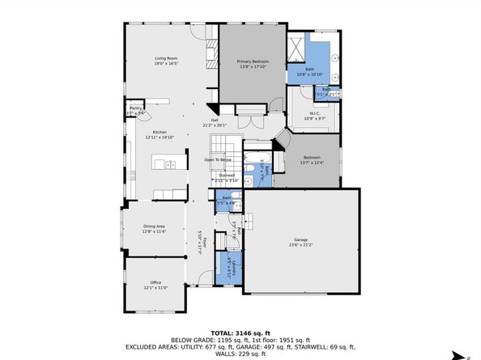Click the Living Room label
pos(167,60)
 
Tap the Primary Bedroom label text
pos(253,64)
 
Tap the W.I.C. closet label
pos(313,116)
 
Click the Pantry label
pos(136,110)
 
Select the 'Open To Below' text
pos(219,160)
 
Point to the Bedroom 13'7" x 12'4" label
pos(313,159)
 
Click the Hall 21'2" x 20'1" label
pos(215,123)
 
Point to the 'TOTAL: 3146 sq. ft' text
pos(240,332)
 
